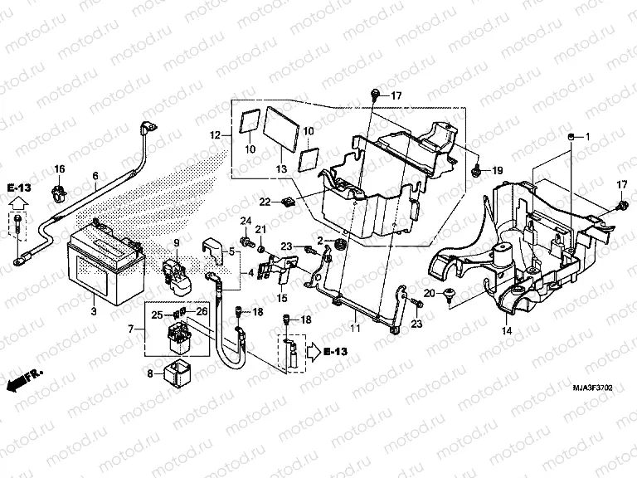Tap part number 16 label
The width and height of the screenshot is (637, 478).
[59, 169]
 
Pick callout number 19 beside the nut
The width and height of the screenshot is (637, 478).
[498, 170]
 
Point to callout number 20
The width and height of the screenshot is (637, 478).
[428, 295]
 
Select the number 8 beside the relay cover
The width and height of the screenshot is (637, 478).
[149, 373]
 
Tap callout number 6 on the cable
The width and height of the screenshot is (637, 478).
[95, 175]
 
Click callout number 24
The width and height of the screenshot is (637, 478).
[245, 219]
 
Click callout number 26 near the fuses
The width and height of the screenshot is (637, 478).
[202, 311]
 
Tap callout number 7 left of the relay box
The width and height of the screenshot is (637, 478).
[130, 329]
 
